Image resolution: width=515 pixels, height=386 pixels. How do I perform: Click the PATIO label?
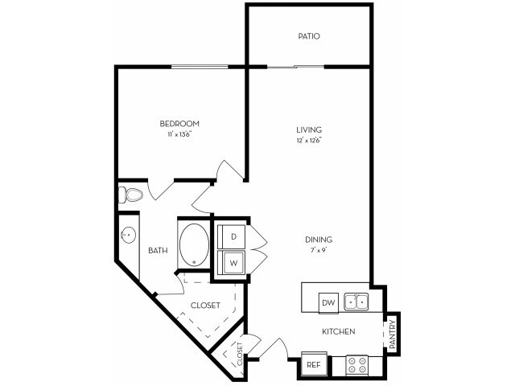pos(309,36)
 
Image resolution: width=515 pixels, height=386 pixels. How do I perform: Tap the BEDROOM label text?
pos(179,124)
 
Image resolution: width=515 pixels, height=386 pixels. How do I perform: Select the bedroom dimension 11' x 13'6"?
pos(179,134)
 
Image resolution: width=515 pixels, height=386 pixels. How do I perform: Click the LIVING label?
pos(309,129)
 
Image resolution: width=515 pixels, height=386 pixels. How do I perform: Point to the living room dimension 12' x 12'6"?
pos(309,141)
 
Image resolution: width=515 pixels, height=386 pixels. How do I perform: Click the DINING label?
pos(319,240)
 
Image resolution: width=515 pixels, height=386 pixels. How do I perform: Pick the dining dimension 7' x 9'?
pos(319,250)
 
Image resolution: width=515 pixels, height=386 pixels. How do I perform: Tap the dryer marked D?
pos(233,236)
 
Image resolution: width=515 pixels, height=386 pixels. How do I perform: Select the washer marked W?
pos(233,262)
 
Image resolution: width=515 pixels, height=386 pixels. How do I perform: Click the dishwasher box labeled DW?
pos(328,303)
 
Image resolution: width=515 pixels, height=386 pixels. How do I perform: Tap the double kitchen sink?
pos(356,302)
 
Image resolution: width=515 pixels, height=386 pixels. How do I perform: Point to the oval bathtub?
pos(192,245)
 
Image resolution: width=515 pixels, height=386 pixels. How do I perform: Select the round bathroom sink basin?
pos(128,236)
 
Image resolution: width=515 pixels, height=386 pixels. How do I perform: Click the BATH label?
pos(158,250)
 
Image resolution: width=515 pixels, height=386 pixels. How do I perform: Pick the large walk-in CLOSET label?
pos(205,306)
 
